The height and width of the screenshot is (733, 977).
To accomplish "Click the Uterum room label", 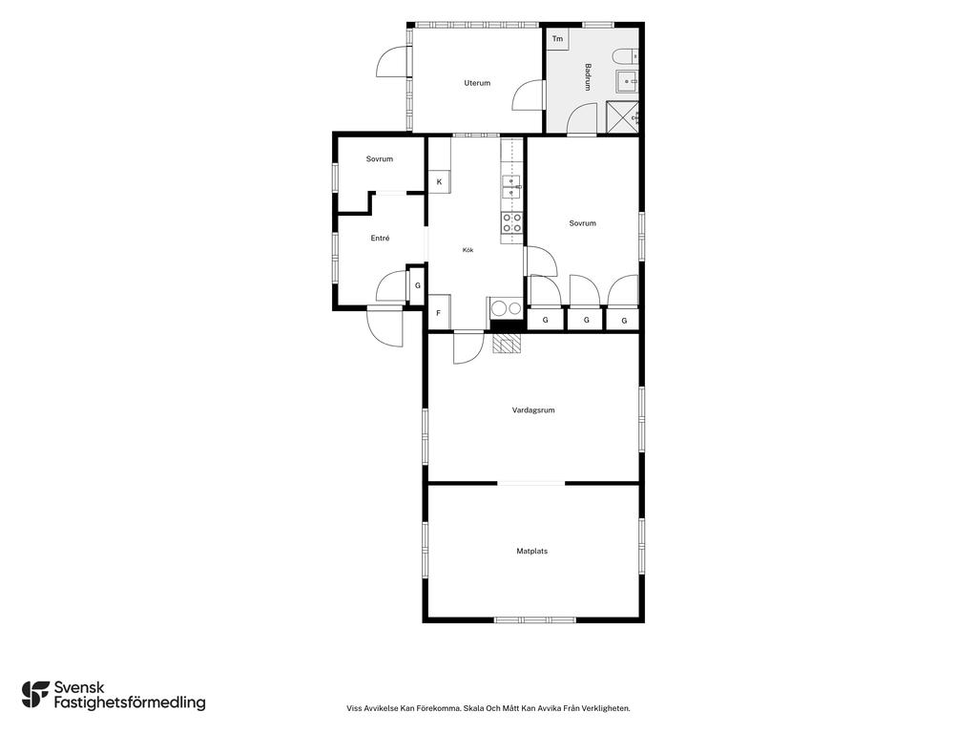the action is tap(477, 83).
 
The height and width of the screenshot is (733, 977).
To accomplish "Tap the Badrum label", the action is tap(588, 77).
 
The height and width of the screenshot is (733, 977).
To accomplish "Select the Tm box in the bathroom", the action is tap(557, 38).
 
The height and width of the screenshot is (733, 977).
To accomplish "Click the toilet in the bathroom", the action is tap(625, 56).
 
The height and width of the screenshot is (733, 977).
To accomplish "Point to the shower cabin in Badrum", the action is tap(622, 116).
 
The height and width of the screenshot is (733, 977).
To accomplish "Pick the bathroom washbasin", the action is tap(627, 81).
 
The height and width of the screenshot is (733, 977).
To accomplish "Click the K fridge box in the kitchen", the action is tap(439, 182).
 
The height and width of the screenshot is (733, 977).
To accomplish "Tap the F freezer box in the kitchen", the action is tap(439, 312).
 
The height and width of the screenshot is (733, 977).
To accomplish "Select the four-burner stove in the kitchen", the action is tap(512, 223).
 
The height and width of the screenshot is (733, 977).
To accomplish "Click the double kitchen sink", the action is tap(511, 187).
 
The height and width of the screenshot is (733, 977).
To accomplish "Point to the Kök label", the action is tap(468, 250).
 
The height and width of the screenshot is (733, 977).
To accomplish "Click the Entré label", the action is tap(380, 238).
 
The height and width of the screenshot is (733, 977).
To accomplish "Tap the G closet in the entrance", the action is tap(418, 285).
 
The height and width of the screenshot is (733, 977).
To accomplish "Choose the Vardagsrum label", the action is tap(533, 410).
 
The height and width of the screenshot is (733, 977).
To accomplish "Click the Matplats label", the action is tap(532, 551).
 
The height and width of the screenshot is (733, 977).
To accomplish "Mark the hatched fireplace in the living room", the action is tap(507, 344).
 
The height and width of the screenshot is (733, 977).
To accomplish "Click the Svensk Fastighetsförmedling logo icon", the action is tap(35, 695).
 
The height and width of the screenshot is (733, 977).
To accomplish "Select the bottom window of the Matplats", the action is tap(535, 619).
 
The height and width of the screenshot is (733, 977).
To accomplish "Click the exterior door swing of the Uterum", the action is tap(392, 62).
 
